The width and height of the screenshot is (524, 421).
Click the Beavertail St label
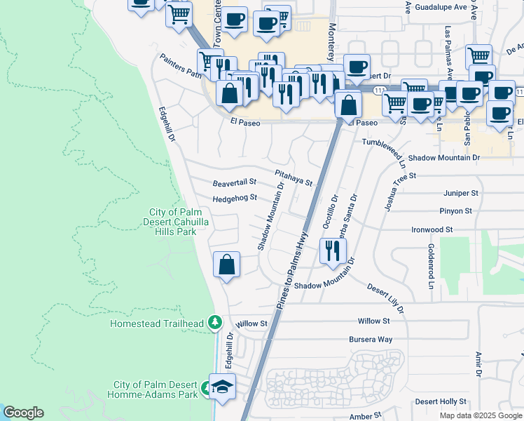[235, 183]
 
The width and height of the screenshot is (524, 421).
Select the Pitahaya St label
[293, 177]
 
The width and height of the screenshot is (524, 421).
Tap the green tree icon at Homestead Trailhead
[216, 323]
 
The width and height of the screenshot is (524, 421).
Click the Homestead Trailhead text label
[157, 323]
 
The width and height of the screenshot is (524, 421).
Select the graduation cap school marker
[223, 387]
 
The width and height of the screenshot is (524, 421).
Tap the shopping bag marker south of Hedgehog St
[226, 265]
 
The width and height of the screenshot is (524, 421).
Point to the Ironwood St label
[432, 229]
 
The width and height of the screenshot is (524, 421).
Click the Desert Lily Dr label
[385, 298]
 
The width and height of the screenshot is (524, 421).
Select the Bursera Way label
[371, 339]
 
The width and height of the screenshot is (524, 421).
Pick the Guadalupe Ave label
[441, 7]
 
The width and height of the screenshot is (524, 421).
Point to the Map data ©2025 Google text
[480, 415]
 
